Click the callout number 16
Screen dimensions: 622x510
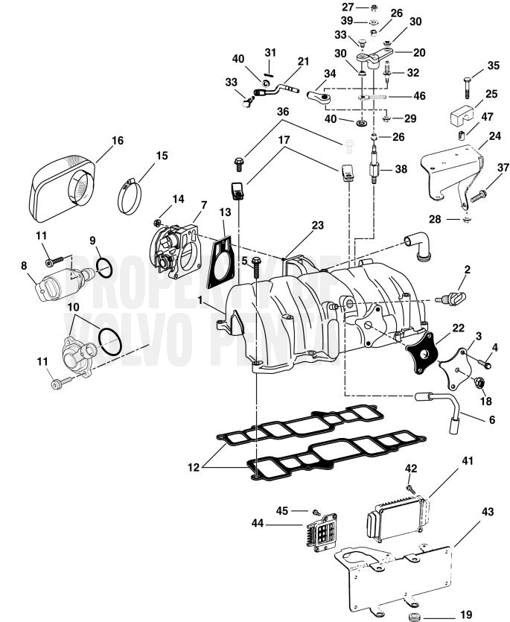click(x=116, y=140)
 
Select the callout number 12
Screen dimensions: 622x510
click(x=194, y=469)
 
